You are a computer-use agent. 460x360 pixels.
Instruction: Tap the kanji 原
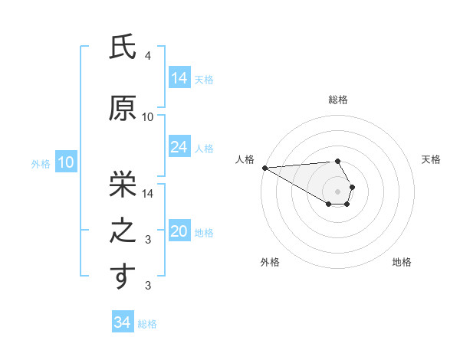pyautogui.click(x=123, y=109)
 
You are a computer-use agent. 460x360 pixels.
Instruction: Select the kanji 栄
pyautogui.click(x=123, y=182)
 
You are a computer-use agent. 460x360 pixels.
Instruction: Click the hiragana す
pyautogui.click(x=123, y=277)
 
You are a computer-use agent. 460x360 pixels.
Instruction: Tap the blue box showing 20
pyautogui.click(x=179, y=231)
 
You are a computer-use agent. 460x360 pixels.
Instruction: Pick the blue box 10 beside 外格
pyautogui.click(x=65, y=162)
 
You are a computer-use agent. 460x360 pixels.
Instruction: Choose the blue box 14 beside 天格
pyautogui.click(x=179, y=78)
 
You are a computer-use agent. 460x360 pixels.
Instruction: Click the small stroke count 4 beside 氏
pyautogui.click(x=148, y=57)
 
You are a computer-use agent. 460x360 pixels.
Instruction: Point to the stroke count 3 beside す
pyautogui.click(x=148, y=286)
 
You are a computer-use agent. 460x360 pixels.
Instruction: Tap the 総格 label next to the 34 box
pyautogui.click(x=147, y=324)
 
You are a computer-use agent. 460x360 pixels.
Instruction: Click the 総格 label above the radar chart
pyautogui.click(x=337, y=100)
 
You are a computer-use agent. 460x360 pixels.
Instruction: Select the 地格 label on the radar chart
pyautogui.click(x=402, y=262)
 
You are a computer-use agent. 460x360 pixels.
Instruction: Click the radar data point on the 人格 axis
pyautogui.click(x=264, y=168)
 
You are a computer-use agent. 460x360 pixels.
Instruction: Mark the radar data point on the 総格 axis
pyautogui.click(x=337, y=161)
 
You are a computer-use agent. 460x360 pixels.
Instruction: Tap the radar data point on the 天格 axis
pyautogui.click(x=352, y=186)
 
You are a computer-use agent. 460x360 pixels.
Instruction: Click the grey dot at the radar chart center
pyautogui.click(x=337, y=191)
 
